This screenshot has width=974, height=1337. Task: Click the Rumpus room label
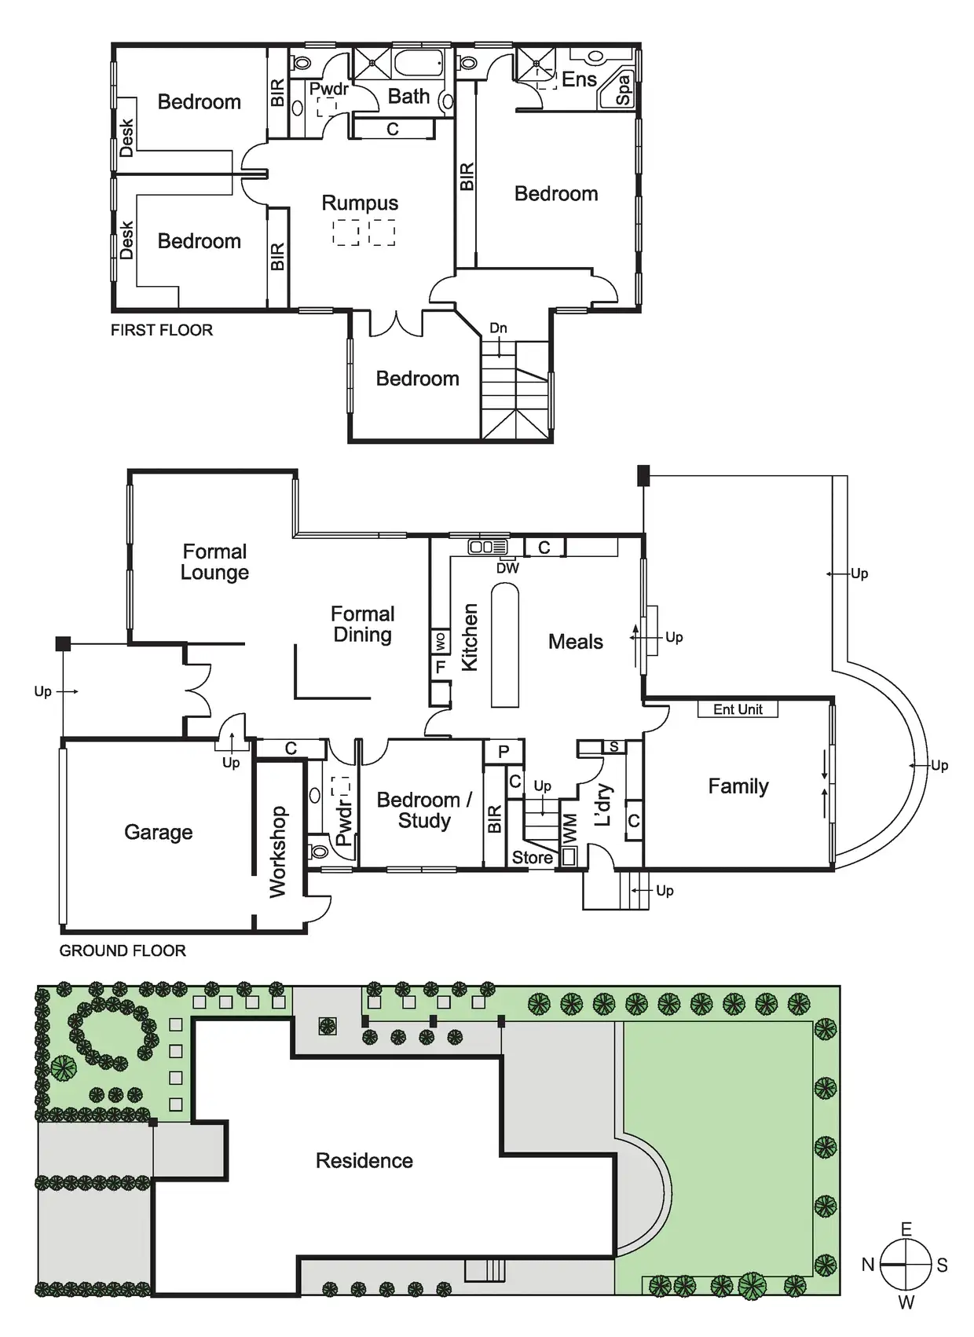click(x=360, y=203)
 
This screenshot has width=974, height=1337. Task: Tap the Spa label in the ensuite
click(x=622, y=90)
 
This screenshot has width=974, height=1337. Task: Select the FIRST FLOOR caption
click(x=162, y=330)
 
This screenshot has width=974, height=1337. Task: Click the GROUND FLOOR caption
click(x=123, y=951)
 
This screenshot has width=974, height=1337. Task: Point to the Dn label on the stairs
click(x=498, y=328)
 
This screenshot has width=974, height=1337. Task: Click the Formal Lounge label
click(x=214, y=562)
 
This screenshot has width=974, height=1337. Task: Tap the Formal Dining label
click(x=362, y=624)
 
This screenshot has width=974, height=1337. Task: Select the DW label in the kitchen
click(x=507, y=568)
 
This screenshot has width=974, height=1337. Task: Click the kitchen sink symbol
click(x=488, y=547)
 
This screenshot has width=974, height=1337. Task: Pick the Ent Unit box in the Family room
click(x=738, y=709)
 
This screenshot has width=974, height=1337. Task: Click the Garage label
click(x=158, y=832)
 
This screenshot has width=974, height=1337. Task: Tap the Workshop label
click(x=277, y=852)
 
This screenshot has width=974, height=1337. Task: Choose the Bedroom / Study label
click(x=424, y=810)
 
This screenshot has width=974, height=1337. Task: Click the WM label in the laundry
click(x=569, y=829)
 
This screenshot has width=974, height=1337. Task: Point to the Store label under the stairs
click(x=533, y=858)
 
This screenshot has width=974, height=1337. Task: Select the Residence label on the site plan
click(x=364, y=1160)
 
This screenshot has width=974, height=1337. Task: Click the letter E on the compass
click(x=906, y=1229)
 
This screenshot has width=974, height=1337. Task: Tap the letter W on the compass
click(x=906, y=1302)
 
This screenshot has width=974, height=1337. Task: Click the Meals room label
click(x=575, y=642)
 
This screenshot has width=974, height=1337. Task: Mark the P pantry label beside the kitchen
click(x=503, y=752)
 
